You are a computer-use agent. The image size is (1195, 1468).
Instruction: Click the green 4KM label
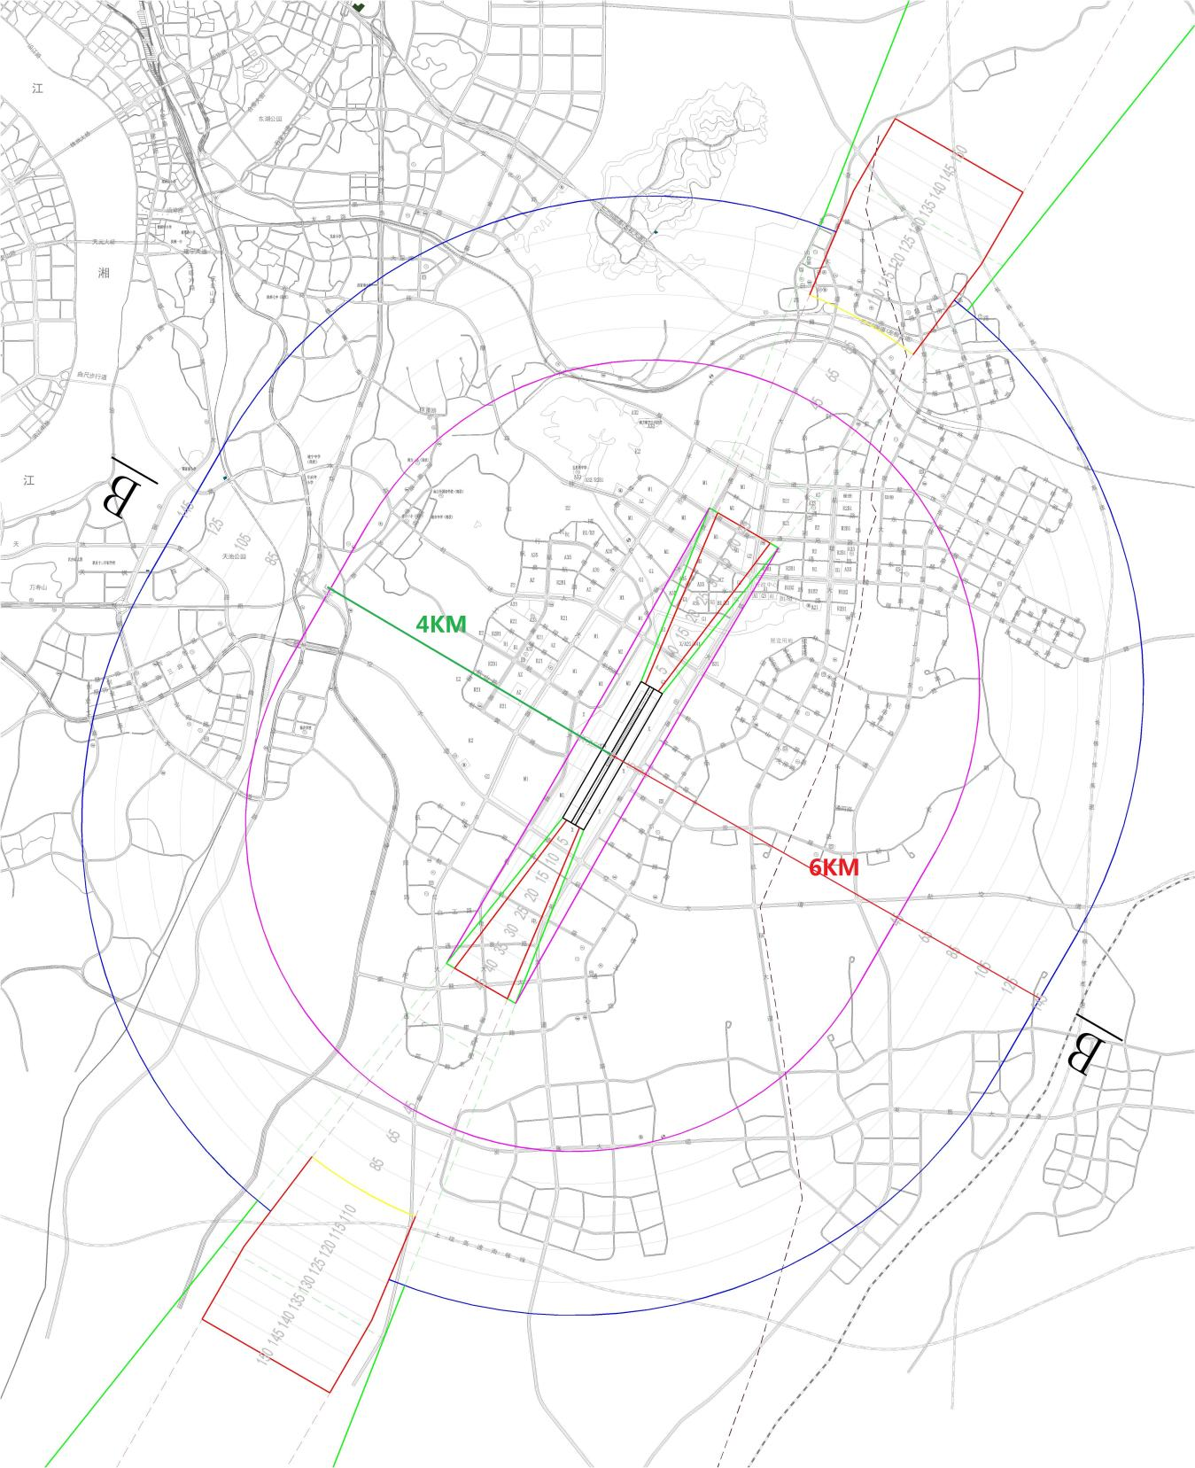tap(440, 625)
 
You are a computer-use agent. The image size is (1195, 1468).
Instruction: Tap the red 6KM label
tap(834, 867)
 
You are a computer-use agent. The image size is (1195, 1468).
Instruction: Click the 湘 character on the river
tap(105, 273)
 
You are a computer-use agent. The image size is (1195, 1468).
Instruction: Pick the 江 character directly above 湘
tap(37, 88)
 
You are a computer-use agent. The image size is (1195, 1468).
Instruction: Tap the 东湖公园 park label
tap(269, 118)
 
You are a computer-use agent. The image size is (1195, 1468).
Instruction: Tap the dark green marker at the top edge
tap(358, 6)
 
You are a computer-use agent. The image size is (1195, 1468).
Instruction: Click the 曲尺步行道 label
tap(90, 377)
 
